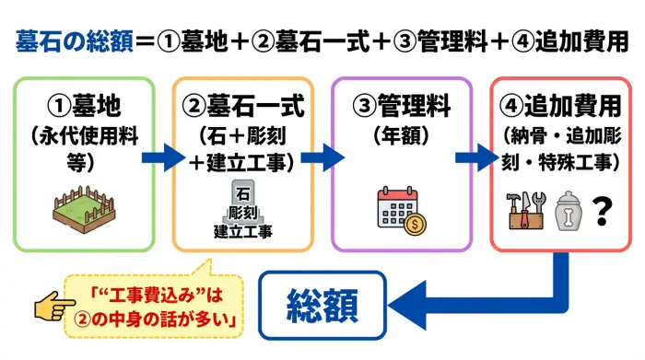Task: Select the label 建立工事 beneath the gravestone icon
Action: (243, 230)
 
